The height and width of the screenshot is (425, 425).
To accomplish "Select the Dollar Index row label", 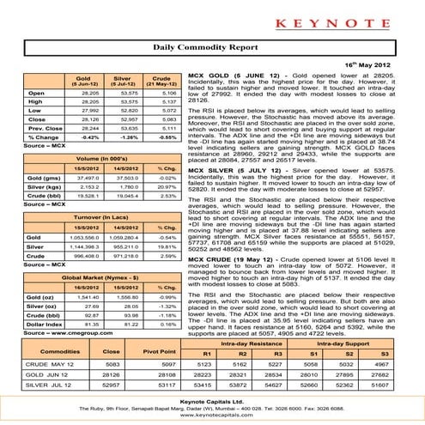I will coord(40,349).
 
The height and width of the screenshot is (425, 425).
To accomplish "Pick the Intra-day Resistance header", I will coord(237,367).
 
